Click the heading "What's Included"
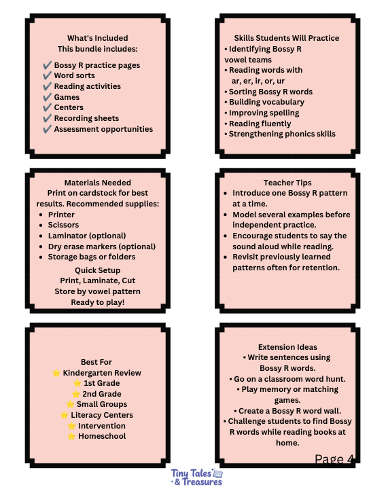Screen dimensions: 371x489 point(97,38)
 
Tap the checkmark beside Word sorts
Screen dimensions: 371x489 point(47,75)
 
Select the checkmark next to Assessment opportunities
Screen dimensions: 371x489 point(47,129)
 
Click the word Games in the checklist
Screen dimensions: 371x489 point(67,97)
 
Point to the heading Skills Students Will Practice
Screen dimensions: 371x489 point(287,38)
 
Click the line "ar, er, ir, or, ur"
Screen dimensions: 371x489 point(258,81)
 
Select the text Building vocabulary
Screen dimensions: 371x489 point(266,102)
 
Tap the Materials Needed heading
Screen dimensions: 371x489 point(98,183)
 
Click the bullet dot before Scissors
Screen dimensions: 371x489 point(41,225)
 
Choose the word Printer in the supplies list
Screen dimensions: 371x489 point(61,215)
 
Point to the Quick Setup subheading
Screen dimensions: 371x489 point(97,270)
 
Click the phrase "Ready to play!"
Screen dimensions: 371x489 point(98,302)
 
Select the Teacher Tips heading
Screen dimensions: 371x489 point(287,183)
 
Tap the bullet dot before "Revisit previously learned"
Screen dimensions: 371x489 point(226,257)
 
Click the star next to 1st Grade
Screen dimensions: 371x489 point(77,383)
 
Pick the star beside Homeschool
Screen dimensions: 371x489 point(71,436)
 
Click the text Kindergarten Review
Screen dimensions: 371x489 point(102,373)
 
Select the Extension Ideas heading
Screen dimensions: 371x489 point(287,347)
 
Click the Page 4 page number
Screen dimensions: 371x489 point(334,459)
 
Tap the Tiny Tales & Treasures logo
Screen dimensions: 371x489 point(196,477)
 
